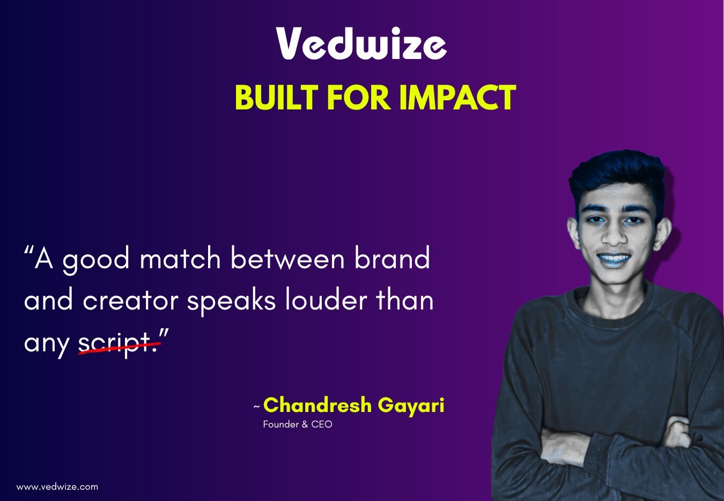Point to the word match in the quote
tap(180, 260)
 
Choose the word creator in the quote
tap(130, 300)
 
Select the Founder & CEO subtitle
tap(298, 424)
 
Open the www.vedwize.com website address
tap(57, 487)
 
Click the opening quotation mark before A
tap(29, 251)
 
